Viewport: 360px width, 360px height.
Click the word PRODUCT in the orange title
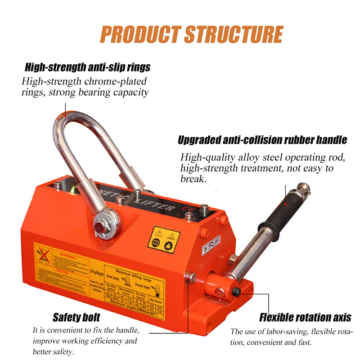139,35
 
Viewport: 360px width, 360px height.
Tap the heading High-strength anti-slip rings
87,68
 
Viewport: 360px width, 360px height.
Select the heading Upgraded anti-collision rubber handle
263,140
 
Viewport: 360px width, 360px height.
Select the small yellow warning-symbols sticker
164,239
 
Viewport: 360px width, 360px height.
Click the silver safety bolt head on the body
190,277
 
